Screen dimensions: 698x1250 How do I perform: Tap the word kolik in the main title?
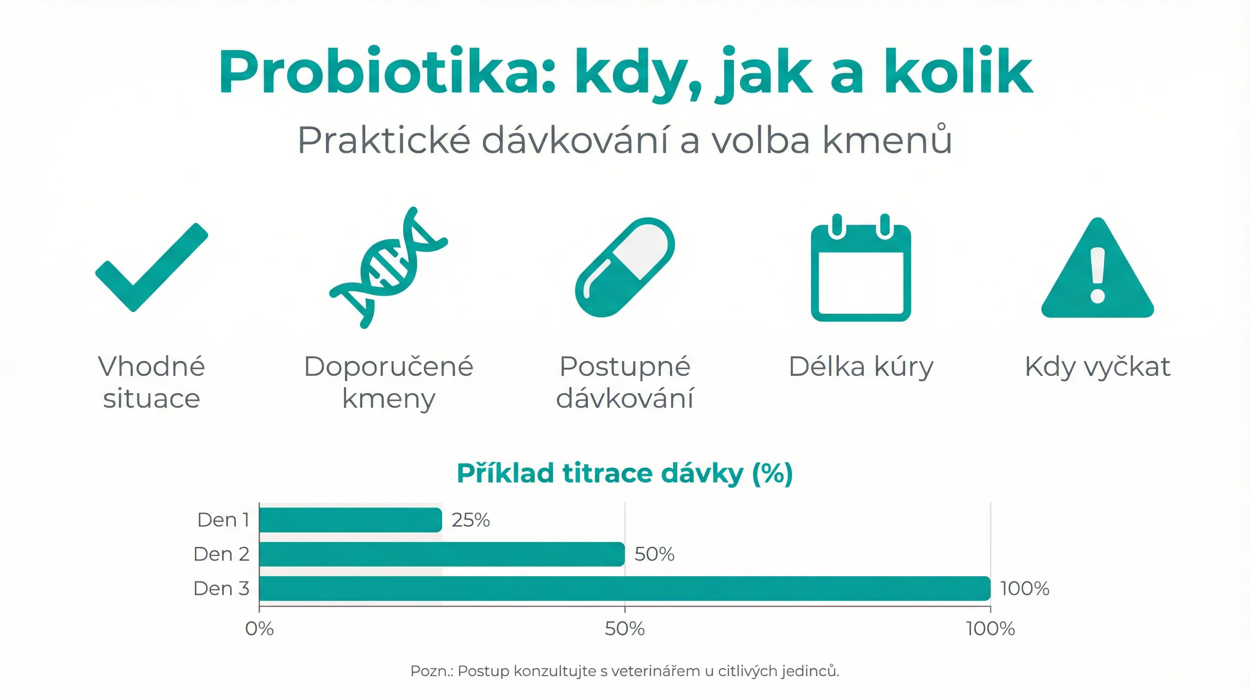pos(958,73)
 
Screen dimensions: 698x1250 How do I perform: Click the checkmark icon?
pos(151,267)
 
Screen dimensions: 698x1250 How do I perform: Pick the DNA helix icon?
pos(388,268)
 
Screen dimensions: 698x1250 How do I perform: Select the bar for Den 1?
pos(350,520)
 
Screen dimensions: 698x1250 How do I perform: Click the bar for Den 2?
pos(441,554)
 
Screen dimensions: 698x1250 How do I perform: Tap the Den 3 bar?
pos(625,588)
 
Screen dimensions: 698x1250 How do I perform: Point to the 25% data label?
pos(471,520)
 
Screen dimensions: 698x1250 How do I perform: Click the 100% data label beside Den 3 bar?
pos(1025,588)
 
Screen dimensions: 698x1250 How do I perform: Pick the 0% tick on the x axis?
pos(259,628)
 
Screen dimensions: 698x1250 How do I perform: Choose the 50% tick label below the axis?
pos(625,628)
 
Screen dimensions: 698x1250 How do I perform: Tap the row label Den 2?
pos(221,554)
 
